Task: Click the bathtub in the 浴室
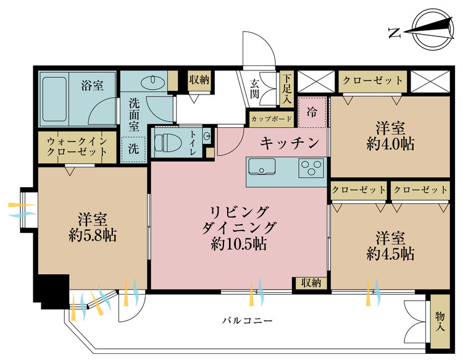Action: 54,99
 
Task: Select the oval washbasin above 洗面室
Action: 152,81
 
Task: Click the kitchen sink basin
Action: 262,167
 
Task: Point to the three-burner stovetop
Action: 311,168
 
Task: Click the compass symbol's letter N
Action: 394,33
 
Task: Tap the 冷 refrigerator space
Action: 312,112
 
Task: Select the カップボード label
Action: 272,119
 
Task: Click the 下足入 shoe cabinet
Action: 286,88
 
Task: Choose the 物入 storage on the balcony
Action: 440,321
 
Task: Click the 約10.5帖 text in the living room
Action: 239,244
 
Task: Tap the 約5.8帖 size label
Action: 93,236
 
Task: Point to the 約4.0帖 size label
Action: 390,144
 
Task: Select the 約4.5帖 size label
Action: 390,253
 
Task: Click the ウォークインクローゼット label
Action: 77,146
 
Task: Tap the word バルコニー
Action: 247,320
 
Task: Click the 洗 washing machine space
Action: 133,149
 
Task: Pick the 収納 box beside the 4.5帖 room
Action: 311,283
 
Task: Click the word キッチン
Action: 290,143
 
